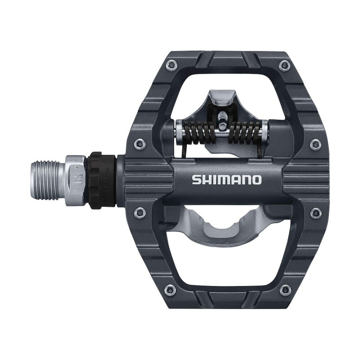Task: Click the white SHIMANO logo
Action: [226, 180]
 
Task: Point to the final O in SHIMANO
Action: [256, 180]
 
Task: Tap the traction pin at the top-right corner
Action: [283, 66]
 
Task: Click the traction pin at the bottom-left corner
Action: [170, 289]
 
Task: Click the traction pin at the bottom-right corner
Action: [283, 289]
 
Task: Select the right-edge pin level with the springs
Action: [315, 144]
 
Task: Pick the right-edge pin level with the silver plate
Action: [315, 213]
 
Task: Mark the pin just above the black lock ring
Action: [140, 144]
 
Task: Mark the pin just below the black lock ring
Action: [140, 212]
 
